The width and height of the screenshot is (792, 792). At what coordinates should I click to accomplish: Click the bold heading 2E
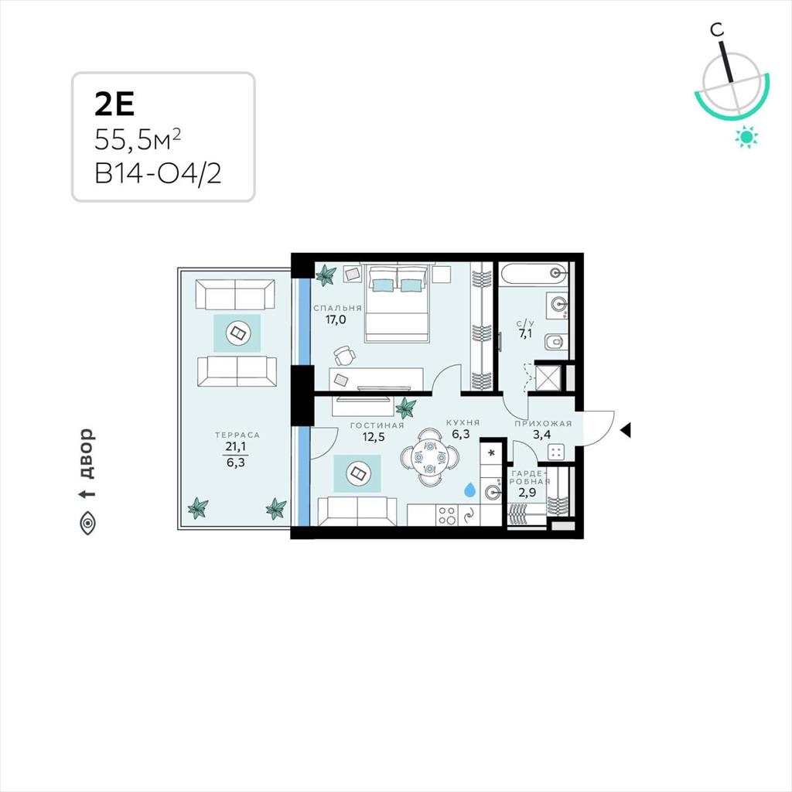click(114, 104)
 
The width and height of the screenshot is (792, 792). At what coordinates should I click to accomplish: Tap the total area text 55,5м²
click(138, 139)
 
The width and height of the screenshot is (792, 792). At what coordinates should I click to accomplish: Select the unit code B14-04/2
click(158, 174)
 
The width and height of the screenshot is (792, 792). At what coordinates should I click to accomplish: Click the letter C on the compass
click(717, 30)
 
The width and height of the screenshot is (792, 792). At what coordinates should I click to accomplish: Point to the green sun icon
click(747, 137)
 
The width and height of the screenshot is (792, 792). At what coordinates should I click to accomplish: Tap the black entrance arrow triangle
click(625, 430)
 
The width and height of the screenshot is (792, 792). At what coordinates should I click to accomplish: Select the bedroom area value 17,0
click(336, 319)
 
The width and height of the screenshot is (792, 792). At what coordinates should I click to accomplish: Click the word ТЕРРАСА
click(237, 435)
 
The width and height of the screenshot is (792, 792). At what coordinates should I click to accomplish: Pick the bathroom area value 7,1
click(525, 334)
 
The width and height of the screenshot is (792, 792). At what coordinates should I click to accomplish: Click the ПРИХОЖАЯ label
click(543, 424)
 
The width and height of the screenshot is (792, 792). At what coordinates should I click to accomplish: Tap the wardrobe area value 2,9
click(527, 492)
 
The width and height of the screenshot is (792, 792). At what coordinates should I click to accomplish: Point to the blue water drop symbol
click(469, 489)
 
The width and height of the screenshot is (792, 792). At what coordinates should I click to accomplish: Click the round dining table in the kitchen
click(430, 458)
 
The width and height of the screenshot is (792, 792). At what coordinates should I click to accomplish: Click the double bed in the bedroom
click(398, 302)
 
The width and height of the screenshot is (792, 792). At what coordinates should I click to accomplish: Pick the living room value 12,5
click(374, 437)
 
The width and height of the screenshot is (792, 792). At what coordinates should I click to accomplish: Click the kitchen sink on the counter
click(493, 491)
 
